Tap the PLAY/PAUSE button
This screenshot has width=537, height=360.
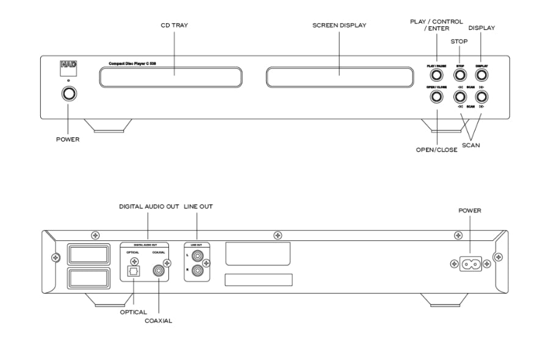pyautogui.click(x=437, y=76)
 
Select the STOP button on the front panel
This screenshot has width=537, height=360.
pyautogui.click(x=460, y=76)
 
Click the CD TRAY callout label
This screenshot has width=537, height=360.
pyautogui.click(x=173, y=26)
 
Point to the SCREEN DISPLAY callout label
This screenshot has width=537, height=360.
pyautogui.click(x=339, y=26)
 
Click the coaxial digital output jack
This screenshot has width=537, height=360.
pyautogui.click(x=159, y=268)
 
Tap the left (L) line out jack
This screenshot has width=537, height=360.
pyautogui.click(x=199, y=254)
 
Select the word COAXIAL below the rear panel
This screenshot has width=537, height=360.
pyautogui.click(x=159, y=321)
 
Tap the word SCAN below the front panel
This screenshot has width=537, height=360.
pyautogui.click(x=470, y=146)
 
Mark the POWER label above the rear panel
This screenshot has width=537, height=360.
pyautogui.click(x=470, y=211)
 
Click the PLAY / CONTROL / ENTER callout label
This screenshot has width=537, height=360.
pyautogui.click(x=437, y=25)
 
